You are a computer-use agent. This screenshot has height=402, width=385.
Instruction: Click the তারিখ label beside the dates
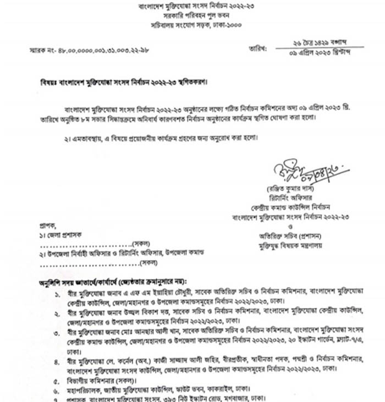click(257, 48)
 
